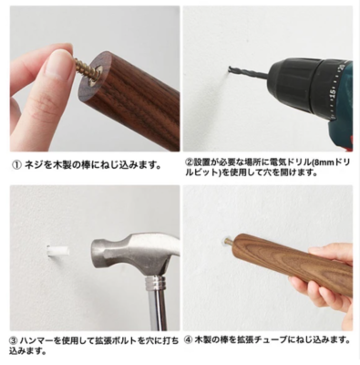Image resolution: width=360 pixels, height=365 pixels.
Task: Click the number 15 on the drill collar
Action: click(333, 93)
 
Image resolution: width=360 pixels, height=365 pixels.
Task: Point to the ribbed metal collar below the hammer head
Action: click(156, 284)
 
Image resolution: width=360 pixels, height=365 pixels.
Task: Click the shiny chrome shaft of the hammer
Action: click(158, 311)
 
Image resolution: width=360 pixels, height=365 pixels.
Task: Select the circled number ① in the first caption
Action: click(15, 165)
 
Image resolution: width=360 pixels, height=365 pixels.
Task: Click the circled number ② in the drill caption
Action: click(189, 162)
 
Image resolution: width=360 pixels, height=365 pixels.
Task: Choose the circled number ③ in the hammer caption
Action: click(15, 340)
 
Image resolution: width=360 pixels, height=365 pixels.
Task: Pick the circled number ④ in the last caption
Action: click(189, 339)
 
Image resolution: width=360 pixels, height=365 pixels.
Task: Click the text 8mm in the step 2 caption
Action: click(323, 162)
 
